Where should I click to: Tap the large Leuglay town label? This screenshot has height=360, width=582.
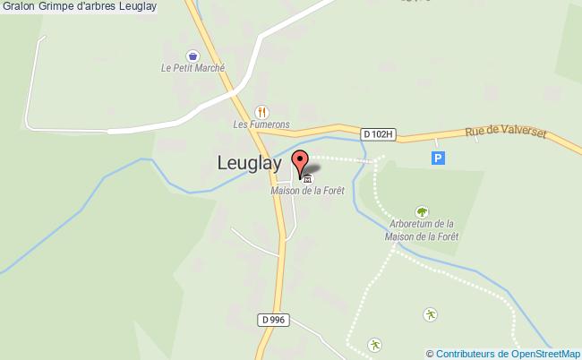pyautogui.click(x=249, y=163)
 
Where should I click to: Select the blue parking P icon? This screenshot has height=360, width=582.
pyautogui.click(x=438, y=158)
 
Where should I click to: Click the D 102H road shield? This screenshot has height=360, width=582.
pyautogui.click(x=378, y=134)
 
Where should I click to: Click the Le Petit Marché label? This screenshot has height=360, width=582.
pyautogui.click(x=193, y=68)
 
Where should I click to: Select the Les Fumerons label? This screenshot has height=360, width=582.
pyautogui.click(x=261, y=124)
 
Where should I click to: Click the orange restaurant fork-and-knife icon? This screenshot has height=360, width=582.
pyautogui.click(x=261, y=112)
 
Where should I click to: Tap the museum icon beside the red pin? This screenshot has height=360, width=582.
pyautogui.click(x=309, y=177)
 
